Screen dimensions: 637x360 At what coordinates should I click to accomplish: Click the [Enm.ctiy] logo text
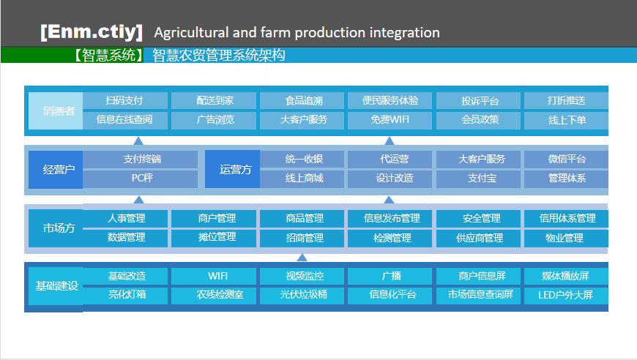[x=92, y=31]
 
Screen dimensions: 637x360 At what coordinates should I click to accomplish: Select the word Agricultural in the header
[x=191, y=32]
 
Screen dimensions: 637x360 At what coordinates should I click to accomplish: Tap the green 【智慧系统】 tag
[x=108, y=55]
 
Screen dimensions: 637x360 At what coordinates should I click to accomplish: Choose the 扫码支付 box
[x=125, y=100]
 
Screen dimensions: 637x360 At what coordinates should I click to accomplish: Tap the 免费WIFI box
[x=390, y=120]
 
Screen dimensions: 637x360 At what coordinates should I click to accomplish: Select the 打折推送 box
[x=566, y=100]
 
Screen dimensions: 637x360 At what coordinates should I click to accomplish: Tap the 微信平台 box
[x=566, y=159]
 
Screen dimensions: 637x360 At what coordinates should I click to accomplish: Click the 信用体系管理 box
[x=566, y=218]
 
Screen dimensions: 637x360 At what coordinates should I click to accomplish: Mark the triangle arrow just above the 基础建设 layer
[x=302, y=258]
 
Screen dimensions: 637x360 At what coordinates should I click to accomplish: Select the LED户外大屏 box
[x=566, y=296]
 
